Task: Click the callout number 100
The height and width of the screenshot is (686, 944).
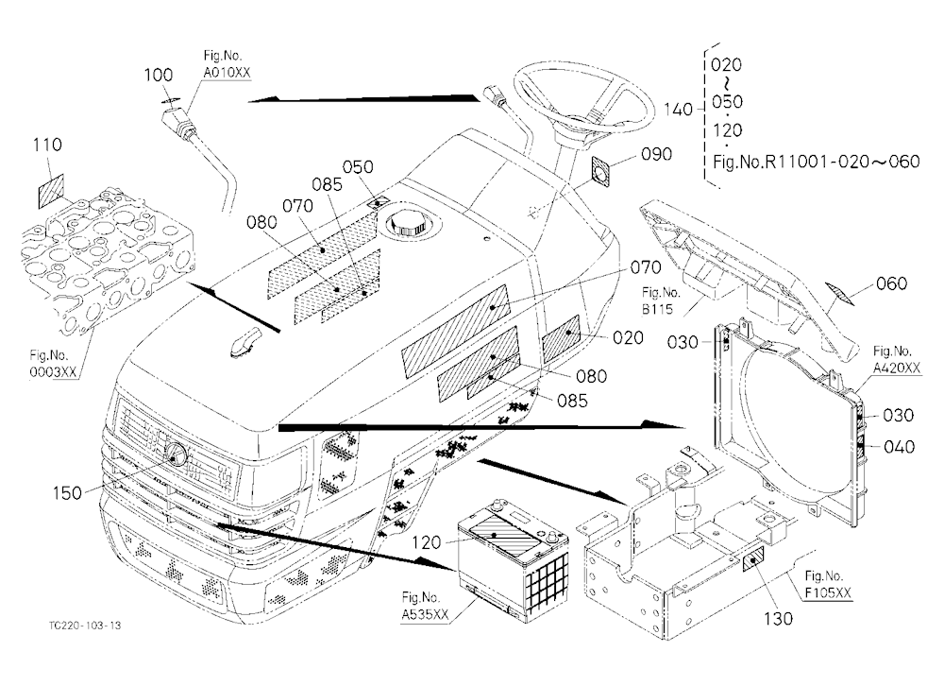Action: point(158,75)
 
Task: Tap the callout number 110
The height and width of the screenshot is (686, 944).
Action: point(47,145)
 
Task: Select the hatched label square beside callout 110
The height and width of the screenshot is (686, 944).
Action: point(51,191)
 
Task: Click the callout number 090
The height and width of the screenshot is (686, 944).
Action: point(656,154)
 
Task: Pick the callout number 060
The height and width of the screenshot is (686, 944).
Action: point(891,283)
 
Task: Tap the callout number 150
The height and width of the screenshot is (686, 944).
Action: point(67,493)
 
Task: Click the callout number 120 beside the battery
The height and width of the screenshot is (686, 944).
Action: point(427,542)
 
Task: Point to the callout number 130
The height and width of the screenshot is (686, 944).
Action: point(778,619)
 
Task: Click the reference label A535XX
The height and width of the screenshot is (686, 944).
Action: point(425,614)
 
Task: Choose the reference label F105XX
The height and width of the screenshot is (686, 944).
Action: point(829,593)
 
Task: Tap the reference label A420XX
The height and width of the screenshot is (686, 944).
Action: point(897,368)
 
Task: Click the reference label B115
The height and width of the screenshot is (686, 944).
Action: point(657,309)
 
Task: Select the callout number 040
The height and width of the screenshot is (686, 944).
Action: point(899,447)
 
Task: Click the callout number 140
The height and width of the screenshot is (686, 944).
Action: point(678,110)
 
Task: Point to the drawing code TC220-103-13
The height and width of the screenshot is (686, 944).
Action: point(85,626)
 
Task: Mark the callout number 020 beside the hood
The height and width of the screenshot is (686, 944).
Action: point(628,337)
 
